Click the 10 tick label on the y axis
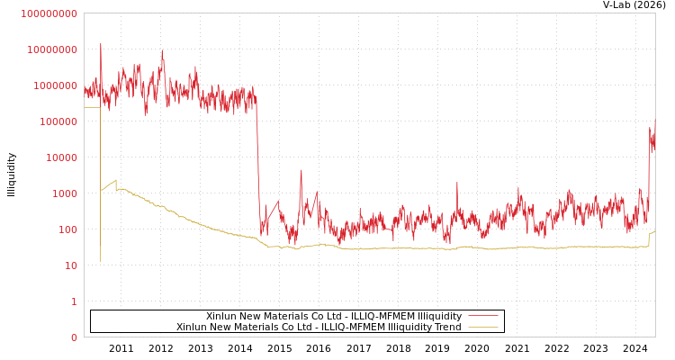[x=71, y=265]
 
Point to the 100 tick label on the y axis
[x=68, y=229]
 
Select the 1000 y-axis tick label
[x=66, y=193]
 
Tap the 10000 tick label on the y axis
[x=63, y=157]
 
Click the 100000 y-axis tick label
[x=60, y=121]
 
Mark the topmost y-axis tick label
[x=49, y=13]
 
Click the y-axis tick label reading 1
[x=74, y=301]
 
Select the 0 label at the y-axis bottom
[x=74, y=337]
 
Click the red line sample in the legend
[x=482, y=316]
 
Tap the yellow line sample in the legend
[x=482, y=327]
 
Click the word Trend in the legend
[x=446, y=327]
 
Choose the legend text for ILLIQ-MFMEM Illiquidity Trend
[x=319, y=327]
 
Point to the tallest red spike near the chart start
[x=101, y=45]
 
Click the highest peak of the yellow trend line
[x=115, y=181]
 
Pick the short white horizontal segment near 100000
[x=92, y=108]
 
